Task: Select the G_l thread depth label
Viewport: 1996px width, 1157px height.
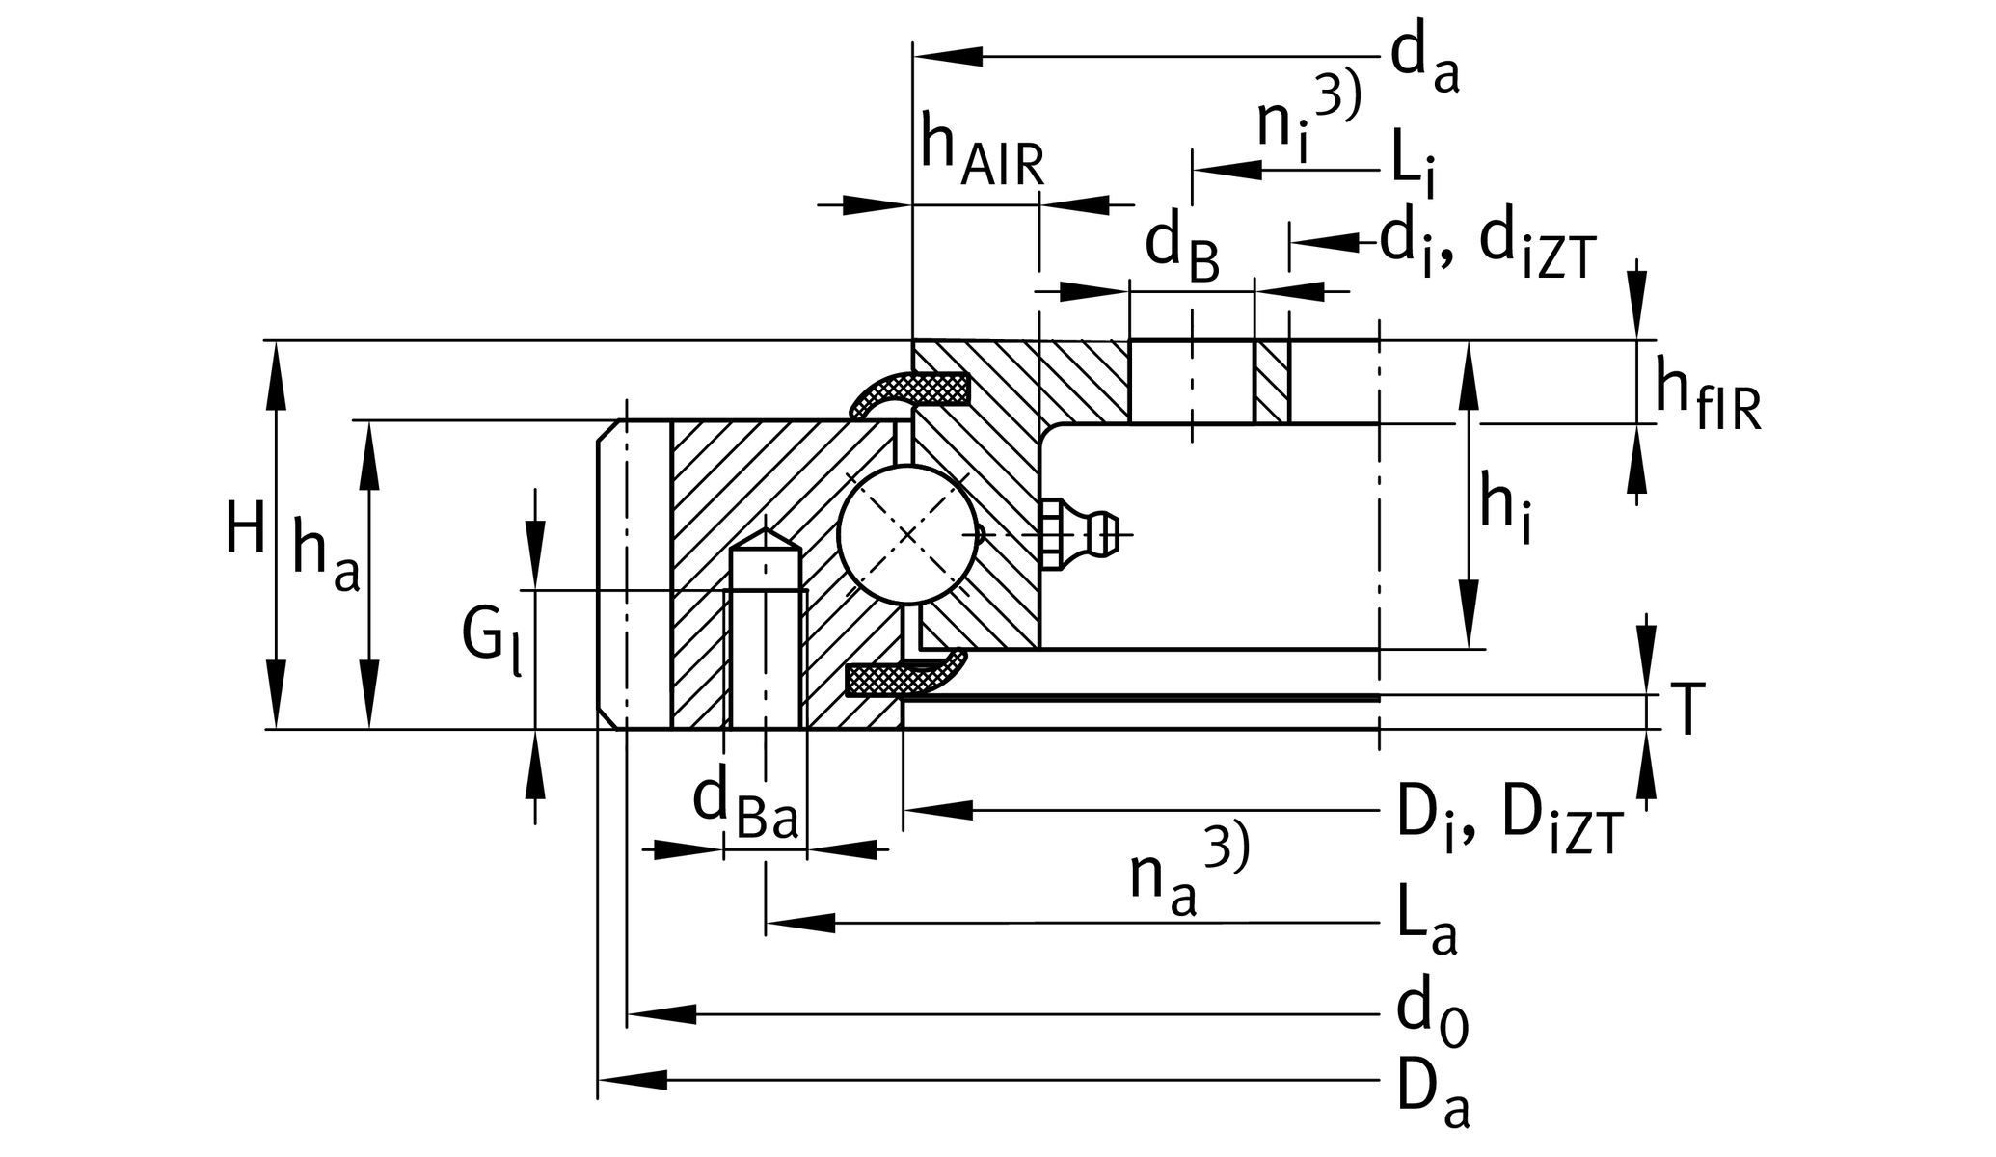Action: pyautogui.click(x=490, y=638)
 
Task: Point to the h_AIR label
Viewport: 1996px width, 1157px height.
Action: pyautogui.click(x=981, y=151)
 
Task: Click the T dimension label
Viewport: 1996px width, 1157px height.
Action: pyautogui.click(x=1687, y=711)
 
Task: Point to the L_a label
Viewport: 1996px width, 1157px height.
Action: pyautogui.click(x=1425, y=925)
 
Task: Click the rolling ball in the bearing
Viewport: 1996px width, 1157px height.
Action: pyautogui.click(x=907, y=534)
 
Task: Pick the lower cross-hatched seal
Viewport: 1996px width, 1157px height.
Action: pyautogui.click(x=902, y=678)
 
